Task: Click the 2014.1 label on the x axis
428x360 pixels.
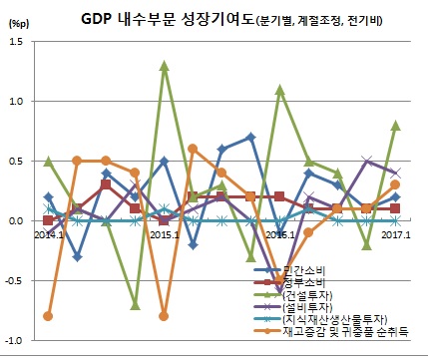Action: (49, 235)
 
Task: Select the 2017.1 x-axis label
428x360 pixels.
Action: (396, 235)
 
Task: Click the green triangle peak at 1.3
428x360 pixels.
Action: (164, 66)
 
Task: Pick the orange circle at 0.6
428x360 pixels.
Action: (193, 149)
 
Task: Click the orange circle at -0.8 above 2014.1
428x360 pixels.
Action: (48, 316)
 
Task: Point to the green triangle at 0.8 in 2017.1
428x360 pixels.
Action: (396, 126)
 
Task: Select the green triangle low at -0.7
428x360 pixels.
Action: (135, 304)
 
